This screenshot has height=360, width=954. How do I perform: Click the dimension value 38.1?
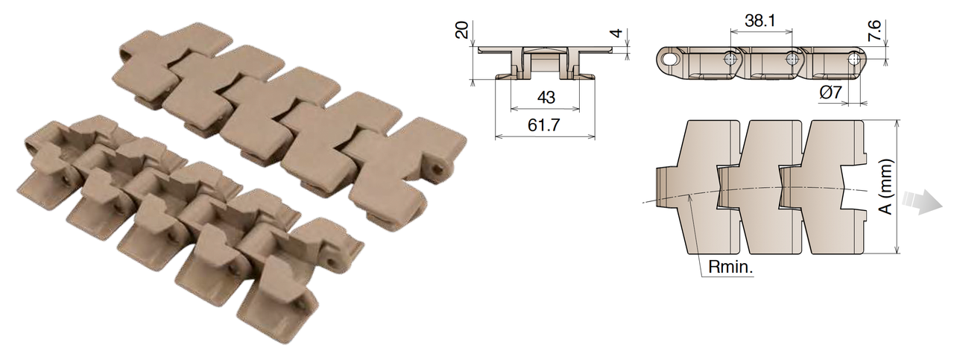click(x=759, y=22)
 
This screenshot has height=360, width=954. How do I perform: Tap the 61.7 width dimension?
click(x=544, y=124)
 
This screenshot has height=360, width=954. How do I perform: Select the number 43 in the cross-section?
click(x=544, y=97)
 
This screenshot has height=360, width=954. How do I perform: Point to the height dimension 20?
click(x=462, y=30)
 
